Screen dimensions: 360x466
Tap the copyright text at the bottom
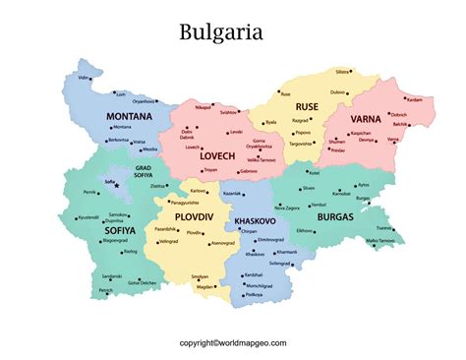pyautogui.click(x=233, y=343)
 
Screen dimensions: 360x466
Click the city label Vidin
pyautogui.click(x=84, y=77)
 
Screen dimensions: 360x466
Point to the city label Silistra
pyautogui.click(x=342, y=72)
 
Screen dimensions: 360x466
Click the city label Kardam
pyautogui.click(x=414, y=99)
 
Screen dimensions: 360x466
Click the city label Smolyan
pyautogui.click(x=200, y=276)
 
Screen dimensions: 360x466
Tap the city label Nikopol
pyautogui.click(x=204, y=104)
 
